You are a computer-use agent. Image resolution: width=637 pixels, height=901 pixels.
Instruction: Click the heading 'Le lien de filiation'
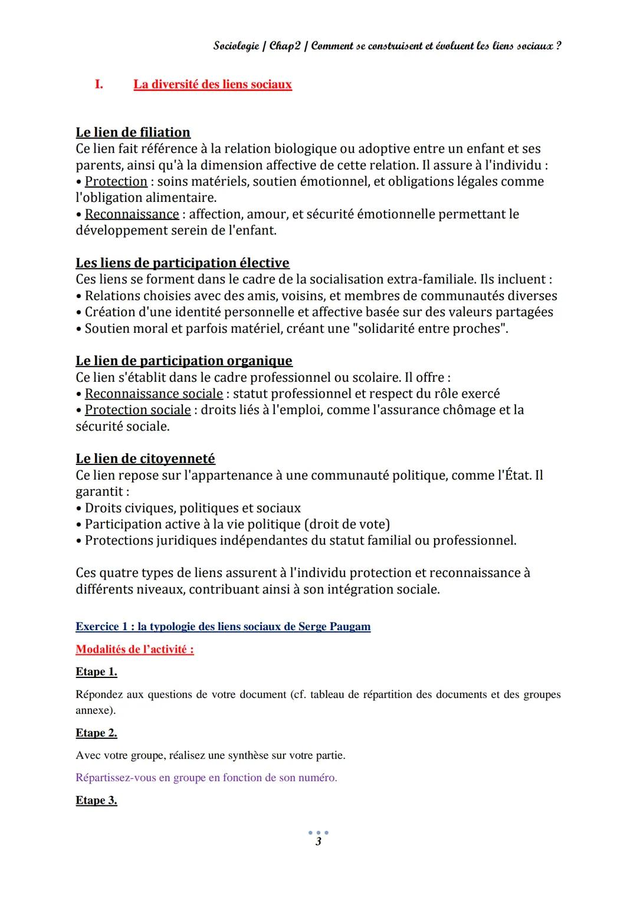coord(133,132)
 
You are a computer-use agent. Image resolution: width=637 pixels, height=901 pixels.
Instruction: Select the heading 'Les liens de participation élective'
coord(182,263)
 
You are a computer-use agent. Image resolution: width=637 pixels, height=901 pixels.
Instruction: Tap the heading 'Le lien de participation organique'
coord(183,361)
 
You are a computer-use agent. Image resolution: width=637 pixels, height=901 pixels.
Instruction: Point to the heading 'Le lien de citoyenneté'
coord(145,458)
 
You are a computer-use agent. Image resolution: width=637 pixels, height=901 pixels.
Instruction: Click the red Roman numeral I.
coord(98,84)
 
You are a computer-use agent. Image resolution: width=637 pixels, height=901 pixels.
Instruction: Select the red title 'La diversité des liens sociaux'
coord(212,84)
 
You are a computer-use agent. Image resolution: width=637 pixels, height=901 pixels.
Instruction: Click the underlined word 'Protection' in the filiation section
coord(116,181)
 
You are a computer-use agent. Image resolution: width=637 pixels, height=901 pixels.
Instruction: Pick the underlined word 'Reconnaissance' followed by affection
coord(132,214)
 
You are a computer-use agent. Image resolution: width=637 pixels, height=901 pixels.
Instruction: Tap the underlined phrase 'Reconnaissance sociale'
coord(153,394)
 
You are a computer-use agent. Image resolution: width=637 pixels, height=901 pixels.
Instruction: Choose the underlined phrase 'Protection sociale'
coord(137,409)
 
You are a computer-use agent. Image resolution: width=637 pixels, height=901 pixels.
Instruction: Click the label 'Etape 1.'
coord(96,671)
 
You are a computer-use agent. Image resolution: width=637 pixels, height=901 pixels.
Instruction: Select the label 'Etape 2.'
coord(96,733)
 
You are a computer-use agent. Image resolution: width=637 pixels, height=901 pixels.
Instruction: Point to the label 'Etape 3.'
coord(96,800)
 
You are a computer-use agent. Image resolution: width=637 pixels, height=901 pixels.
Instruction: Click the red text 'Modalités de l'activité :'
coord(134,649)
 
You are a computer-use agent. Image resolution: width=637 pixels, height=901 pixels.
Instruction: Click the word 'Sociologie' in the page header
coord(236,46)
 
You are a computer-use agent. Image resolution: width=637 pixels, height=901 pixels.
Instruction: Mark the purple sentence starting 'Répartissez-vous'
coord(206,778)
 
